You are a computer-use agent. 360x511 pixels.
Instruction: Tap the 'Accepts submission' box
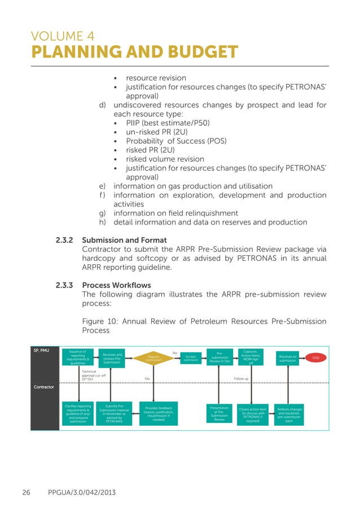pyautogui.click(x=191, y=358)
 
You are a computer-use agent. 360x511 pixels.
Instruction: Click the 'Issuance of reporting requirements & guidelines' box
pyautogui.click(x=78, y=358)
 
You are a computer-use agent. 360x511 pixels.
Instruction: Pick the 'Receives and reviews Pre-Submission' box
pyautogui.click(x=111, y=358)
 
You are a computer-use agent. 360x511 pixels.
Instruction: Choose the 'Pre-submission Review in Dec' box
pyautogui.click(x=219, y=358)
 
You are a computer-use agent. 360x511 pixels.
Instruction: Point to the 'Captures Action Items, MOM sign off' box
pyautogui.click(x=251, y=357)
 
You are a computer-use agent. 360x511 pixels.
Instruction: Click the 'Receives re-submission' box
pyautogui.click(x=288, y=358)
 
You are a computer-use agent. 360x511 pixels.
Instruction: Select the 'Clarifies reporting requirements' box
pyautogui.click(x=78, y=413)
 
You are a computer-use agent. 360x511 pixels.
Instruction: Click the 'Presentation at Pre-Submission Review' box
pyautogui.click(x=219, y=413)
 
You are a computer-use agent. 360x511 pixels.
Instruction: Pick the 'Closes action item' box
pyautogui.click(x=252, y=413)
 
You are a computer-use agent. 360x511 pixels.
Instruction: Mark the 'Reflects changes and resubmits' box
pyautogui.click(x=289, y=413)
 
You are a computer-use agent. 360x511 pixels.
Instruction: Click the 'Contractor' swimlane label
pyautogui.click(x=43, y=387)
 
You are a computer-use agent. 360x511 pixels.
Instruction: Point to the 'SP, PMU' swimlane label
pyautogui.click(x=41, y=351)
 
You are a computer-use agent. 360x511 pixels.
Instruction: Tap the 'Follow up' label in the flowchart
pyautogui.click(x=241, y=378)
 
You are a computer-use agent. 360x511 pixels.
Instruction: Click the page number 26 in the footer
pyautogui.click(x=26, y=493)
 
